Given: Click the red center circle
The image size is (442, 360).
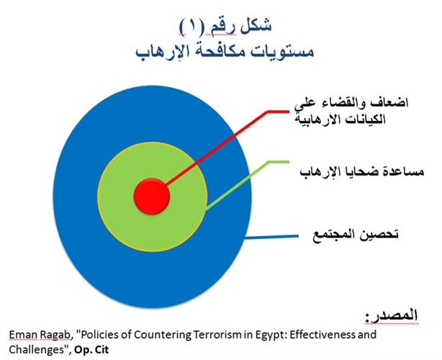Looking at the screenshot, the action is pyautogui.click(x=152, y=197).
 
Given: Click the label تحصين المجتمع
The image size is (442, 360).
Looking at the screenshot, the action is pyautogui.click(x=356, y=235).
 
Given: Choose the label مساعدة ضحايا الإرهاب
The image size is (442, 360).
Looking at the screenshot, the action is pyautogui.click(x=362, y=172).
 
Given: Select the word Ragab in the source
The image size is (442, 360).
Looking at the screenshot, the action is pyautogui.click(x=56, y=336).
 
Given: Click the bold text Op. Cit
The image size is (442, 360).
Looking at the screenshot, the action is pyautogui.click(x=91, y=351).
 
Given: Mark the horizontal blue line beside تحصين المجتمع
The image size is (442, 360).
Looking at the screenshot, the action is pyautogui.click(x=271, y=237).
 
